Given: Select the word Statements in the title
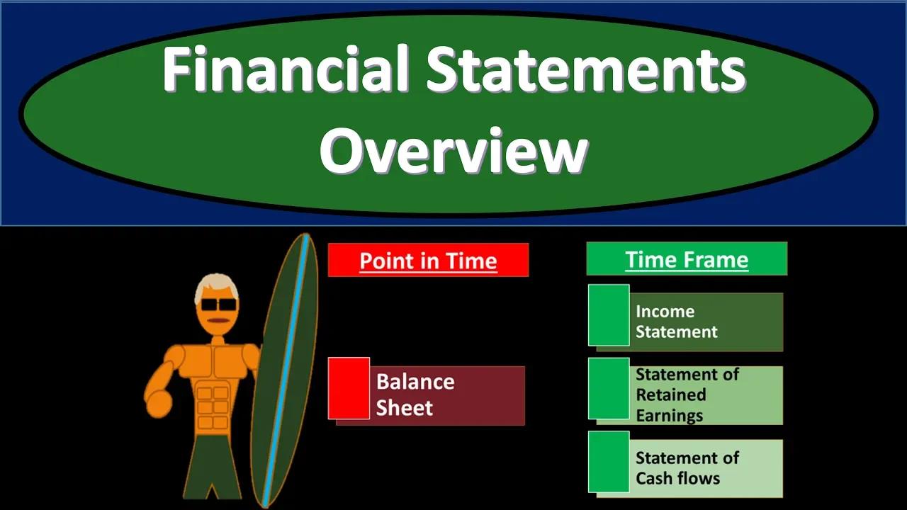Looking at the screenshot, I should pyautogui.click(x=586, y=72).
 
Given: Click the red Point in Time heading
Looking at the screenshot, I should pyautogui.click(x=428, y=260).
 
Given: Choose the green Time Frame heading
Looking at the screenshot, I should pyautogui.click(x=686, y=259).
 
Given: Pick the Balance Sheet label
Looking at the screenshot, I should pyautogui.click(x=415, y=395).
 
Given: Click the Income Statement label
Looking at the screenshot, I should pyautogui.click(x=676, y=322).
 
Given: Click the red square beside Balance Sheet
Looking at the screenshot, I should pyautogui.click(x=349, y=387).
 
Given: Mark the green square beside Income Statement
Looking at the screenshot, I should pyautogui.click(x=609, y=315).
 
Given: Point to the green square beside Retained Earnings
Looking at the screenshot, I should pyautogui.click(x=609, y=388).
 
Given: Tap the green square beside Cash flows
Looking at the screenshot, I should pyautogui.click(x=609, y=461).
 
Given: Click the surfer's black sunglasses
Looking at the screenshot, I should pyautogui.click(x=218, y=305).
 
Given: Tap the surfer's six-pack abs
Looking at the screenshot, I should pyautogui.click(x=213, y=407).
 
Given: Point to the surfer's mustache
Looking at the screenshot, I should pyautogui.click(x=218, y=321).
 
